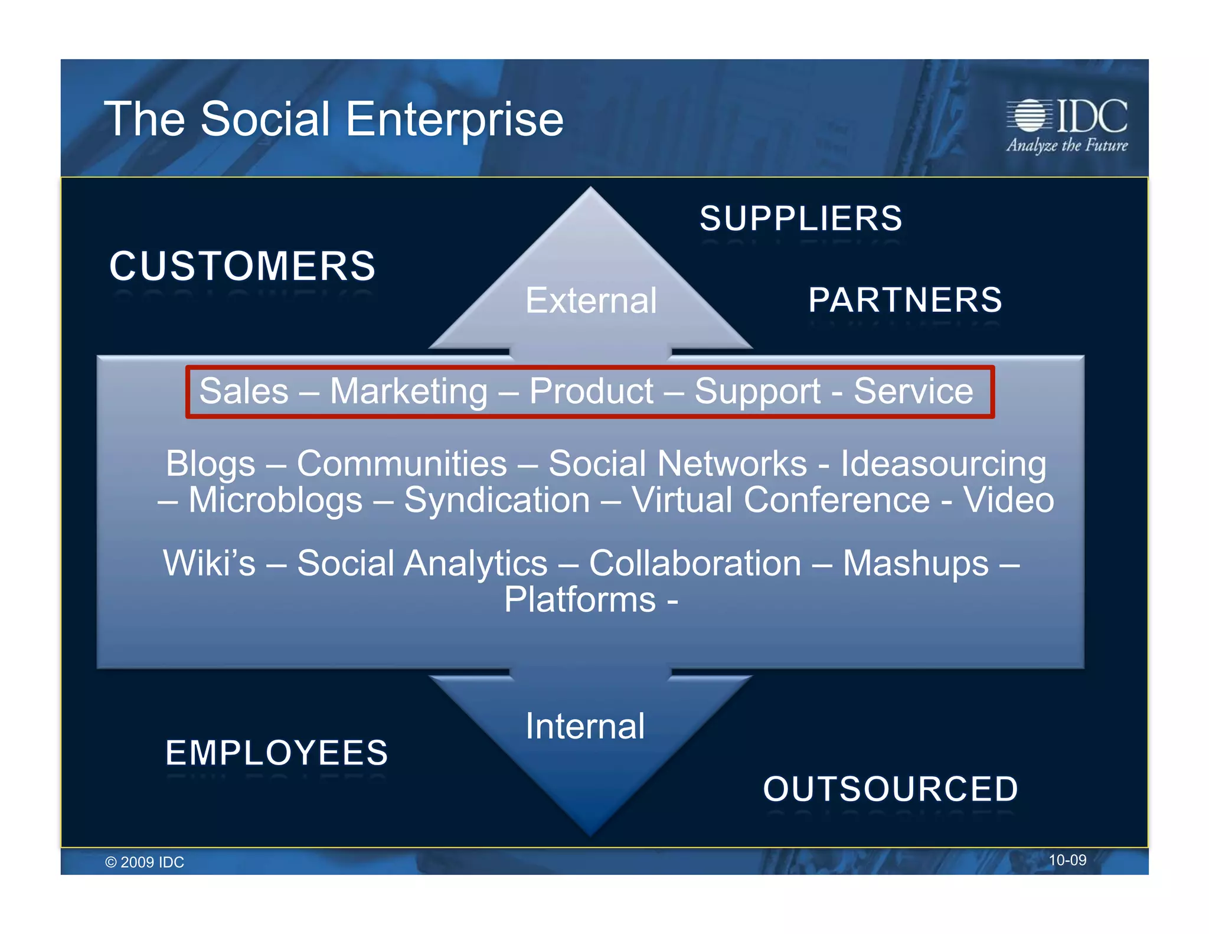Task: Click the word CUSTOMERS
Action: pyautogui.click(x=242, y=266)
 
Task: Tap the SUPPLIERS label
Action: pyautogui.click(x=800, y=218)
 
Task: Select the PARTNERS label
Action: pyautogui.click(x=905, y=300)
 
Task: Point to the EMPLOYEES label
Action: pyautogui.click(x=277, y=753)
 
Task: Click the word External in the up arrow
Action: pyautogui.click(x=591, y=301)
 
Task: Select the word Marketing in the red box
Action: pyautogui.click(x=409, y=391)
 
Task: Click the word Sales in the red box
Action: pyautogui.click(x=244, y=391)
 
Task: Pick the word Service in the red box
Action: pyautogui.click(x=913, y=391)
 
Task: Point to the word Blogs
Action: pyautogui.click(x=210, y=464)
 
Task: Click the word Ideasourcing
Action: pyautogui.click(x=943, y=464)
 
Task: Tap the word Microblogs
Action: pyautogui.click(x=275, y=501)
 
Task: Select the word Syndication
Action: pyautogui.click(x=496, y=501)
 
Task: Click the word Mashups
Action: pyautogui.click(x=915, y=564)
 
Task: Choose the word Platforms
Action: pyautogui.click(x=580, y=600)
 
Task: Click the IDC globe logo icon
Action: pyautogui.click(x=1030, y=115)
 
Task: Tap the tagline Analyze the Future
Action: pyautogui.click(x=1067, y=145)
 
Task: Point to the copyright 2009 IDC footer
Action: pyautogui.click(x=145, y=862)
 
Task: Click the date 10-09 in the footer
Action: pyautogui.click(x=1067, y=860)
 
